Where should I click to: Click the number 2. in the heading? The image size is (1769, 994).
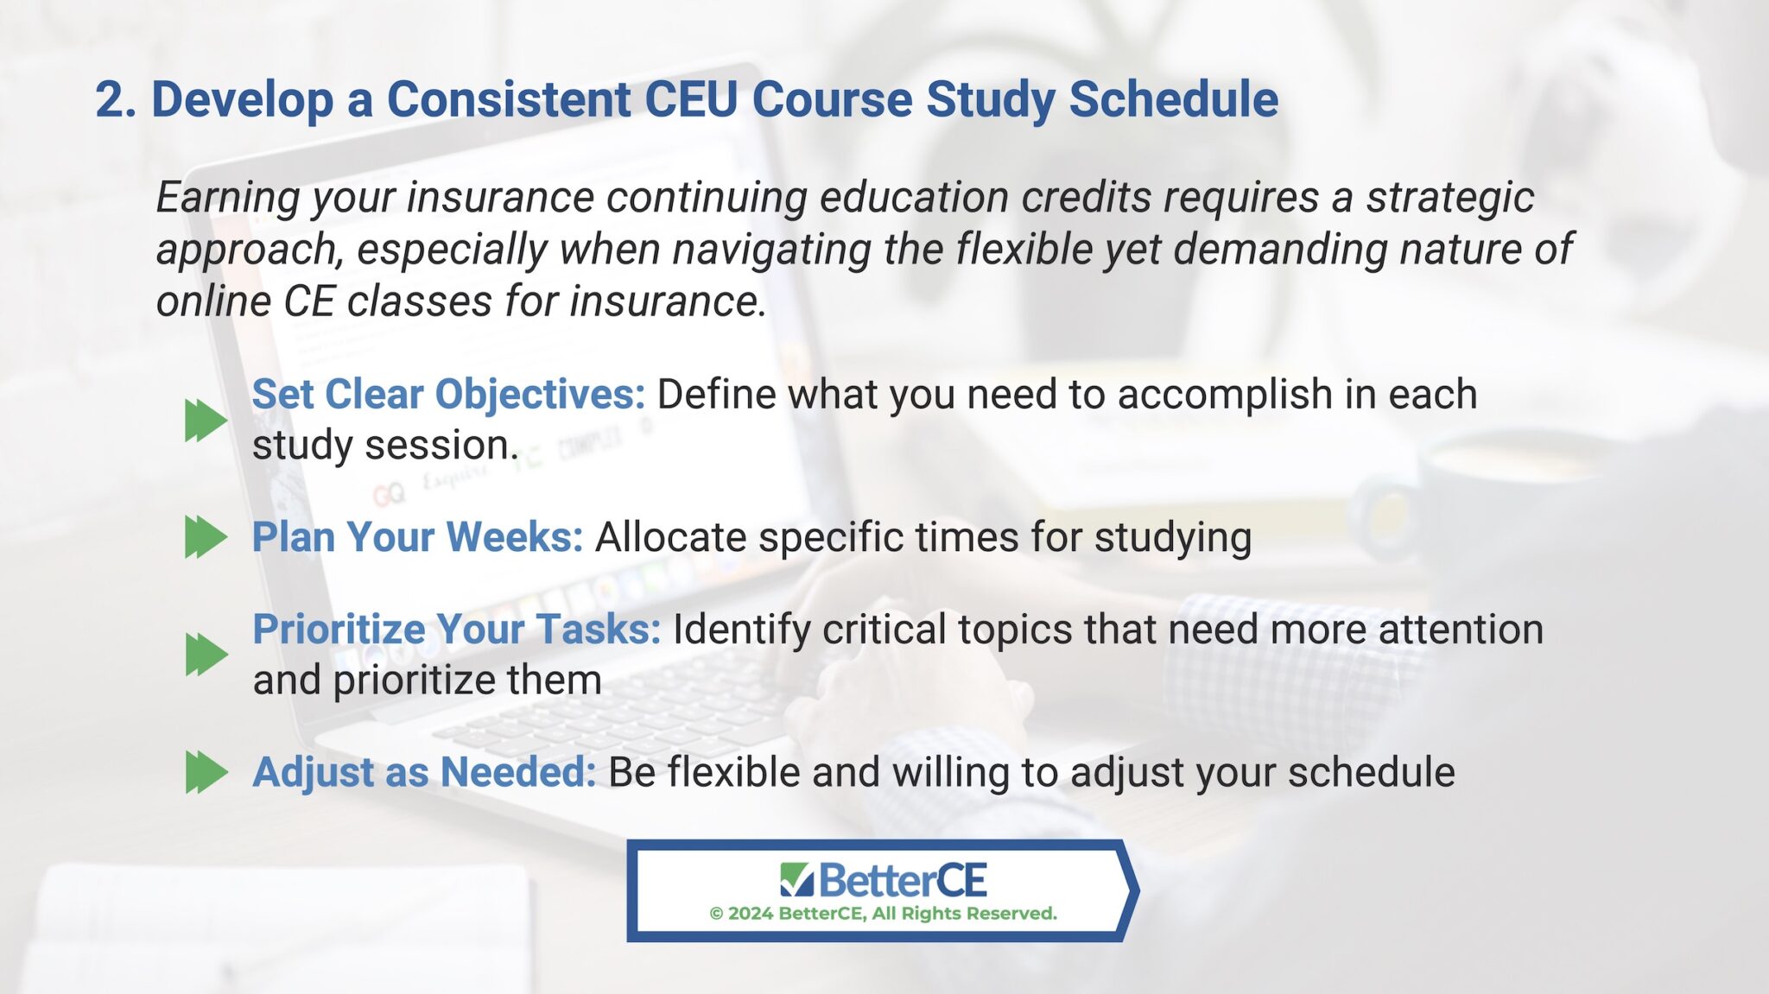coord(115,99)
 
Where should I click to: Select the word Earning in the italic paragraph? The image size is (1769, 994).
coord(227,198)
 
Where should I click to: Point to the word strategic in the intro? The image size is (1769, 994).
coord(1449,198)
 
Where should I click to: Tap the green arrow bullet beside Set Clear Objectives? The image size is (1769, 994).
coord(206,421)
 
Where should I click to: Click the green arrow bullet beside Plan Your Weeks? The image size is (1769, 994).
coord(206,537)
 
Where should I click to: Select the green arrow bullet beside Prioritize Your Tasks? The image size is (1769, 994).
coord(206,654)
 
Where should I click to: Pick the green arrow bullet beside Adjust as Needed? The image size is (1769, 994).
coord(206,772)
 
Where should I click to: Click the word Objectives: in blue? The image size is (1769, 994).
coord(540,395)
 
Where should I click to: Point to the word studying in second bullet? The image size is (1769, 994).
coord(1172,537)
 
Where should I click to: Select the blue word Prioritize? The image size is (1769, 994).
coord(338,630)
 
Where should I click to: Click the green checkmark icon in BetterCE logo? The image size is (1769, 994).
coord(796,879)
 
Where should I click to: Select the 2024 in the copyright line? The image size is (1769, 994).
coord(750,914)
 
